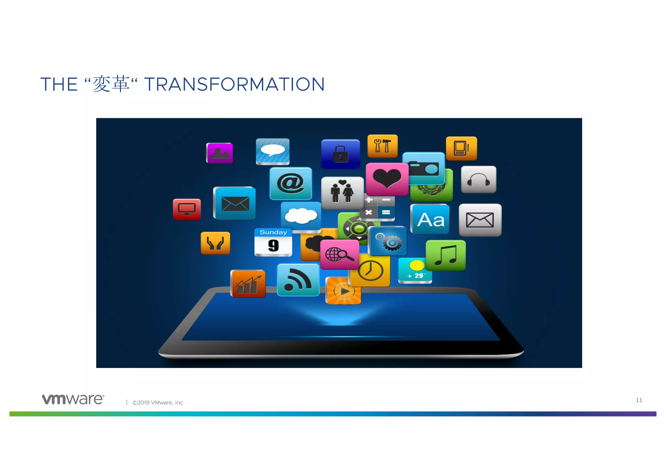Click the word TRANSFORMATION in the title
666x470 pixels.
234,84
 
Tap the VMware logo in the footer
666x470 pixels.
73,399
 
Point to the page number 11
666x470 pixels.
639,400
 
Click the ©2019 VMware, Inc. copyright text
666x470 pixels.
158,403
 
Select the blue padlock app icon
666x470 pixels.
340,154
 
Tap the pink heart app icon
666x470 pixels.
387,179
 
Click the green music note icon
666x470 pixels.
446,255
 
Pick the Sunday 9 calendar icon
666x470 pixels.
273,242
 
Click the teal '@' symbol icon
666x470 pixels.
290,183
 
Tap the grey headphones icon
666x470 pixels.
478,179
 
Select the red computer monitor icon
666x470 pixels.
187,209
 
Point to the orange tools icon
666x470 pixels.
382,146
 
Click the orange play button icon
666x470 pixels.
343,291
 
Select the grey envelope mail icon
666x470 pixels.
480,220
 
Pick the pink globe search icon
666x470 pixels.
340,255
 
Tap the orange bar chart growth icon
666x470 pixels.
248,284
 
